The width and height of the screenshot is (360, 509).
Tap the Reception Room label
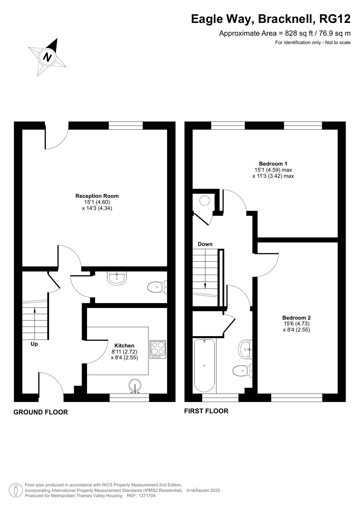97,196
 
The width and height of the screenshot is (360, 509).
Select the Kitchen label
124,345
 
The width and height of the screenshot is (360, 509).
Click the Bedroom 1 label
273,164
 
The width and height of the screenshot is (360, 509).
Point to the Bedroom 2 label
296,318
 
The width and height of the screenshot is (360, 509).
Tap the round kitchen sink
135,386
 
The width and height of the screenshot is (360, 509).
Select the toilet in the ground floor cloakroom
157,287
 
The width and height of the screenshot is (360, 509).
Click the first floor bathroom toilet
243,370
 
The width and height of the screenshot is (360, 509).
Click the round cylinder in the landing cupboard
205,201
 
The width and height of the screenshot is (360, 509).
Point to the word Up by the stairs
34,344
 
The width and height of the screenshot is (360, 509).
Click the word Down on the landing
205,244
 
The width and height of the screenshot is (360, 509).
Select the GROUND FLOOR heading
41,412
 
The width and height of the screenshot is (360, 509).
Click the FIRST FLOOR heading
206,411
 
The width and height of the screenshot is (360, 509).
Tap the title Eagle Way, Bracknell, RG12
271,19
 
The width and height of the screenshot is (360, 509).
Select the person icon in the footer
16,490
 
